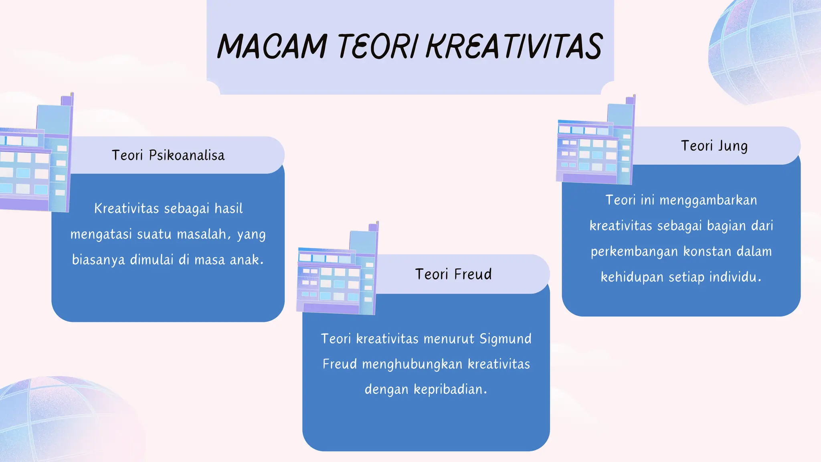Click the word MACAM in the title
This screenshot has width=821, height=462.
pos(272,47)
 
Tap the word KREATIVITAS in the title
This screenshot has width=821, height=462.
pos(514,47)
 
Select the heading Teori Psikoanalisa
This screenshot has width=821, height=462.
pos(168,155)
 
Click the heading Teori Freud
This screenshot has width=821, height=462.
pos(453,274)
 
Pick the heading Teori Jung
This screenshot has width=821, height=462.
pos(714,146)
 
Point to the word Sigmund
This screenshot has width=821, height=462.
pos(505,339)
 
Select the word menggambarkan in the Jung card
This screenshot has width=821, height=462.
pos(708,200)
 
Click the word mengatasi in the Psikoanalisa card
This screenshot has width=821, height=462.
pos(101,234)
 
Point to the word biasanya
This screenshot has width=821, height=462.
pos(98,260)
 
